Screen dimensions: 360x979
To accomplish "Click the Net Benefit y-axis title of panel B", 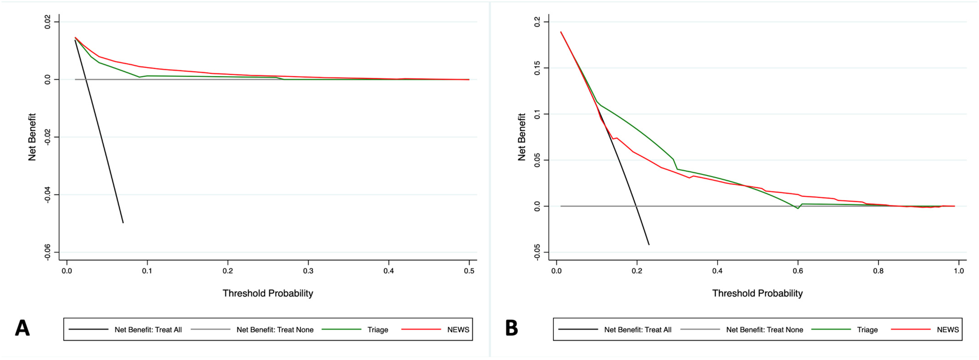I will pos(522,137).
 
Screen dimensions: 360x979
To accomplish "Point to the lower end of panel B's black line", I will pos(649,245).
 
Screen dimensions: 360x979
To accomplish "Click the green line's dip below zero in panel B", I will pos(798,208).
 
